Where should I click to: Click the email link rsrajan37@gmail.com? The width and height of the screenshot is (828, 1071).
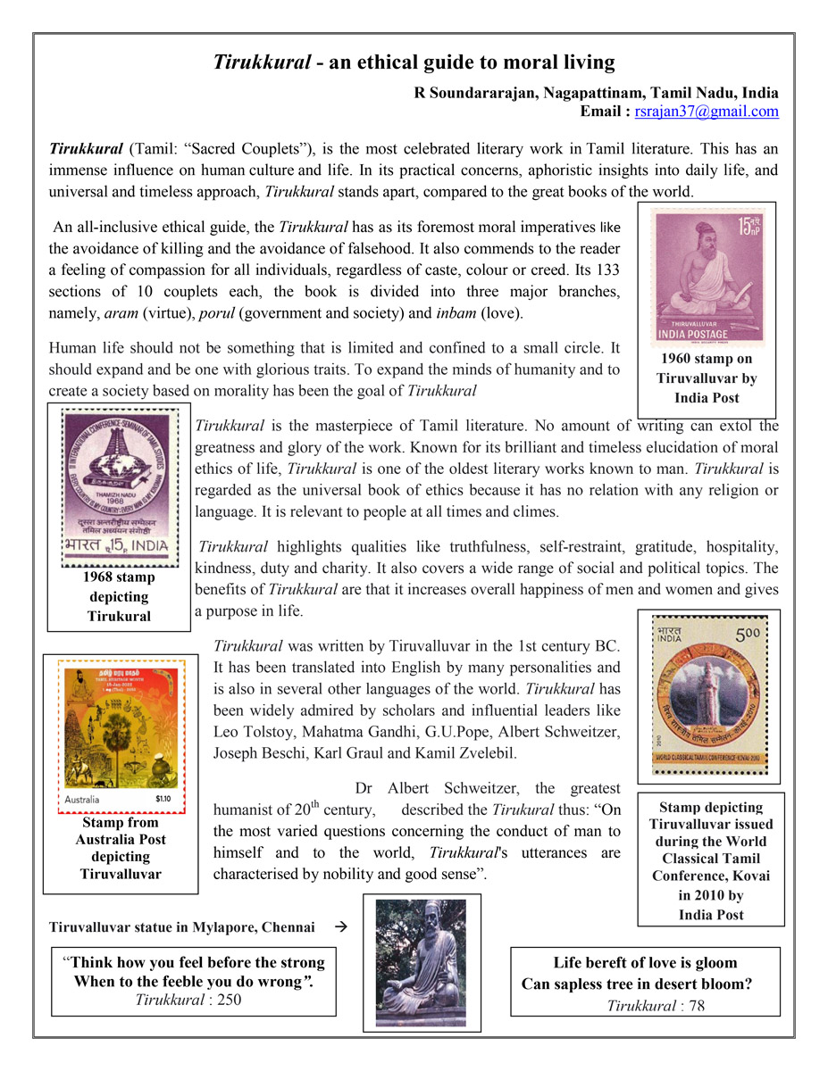pos(707,112)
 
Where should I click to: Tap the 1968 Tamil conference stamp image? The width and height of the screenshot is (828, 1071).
pos(118,484)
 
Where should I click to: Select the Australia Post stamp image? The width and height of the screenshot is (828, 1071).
pos(121,735)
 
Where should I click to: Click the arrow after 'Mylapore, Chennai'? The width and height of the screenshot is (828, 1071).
pos(339,927)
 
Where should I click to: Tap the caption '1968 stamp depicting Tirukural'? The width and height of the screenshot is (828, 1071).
pos(119,597)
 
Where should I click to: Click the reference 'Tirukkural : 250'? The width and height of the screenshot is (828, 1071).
pos(188,1000)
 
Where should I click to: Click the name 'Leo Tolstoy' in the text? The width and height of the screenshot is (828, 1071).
pos(253,732)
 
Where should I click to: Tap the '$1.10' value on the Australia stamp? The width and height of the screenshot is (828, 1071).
pos(164,799)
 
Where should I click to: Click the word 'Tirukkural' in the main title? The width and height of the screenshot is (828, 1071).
pos(261,62)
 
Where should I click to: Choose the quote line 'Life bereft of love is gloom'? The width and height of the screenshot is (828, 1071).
pos(645,962)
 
